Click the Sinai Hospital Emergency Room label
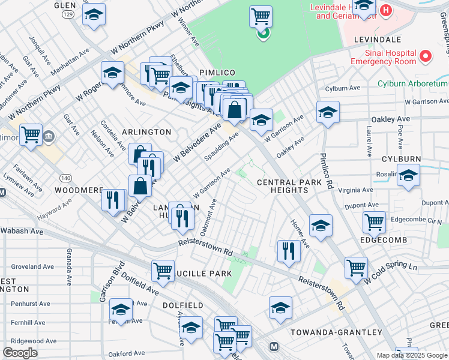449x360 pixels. (383, 57)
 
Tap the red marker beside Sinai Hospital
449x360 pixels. (426, 56)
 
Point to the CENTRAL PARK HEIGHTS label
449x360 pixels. (282, 186)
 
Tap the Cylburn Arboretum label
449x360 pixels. (413, 83)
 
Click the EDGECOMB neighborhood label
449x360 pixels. (384, 240)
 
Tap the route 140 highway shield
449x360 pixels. (65, 178)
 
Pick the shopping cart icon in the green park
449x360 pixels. (261, 16)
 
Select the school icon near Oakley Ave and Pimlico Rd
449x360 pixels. (328, 112)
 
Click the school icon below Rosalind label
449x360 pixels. (408, 175)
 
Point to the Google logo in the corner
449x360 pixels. (20, 353)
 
